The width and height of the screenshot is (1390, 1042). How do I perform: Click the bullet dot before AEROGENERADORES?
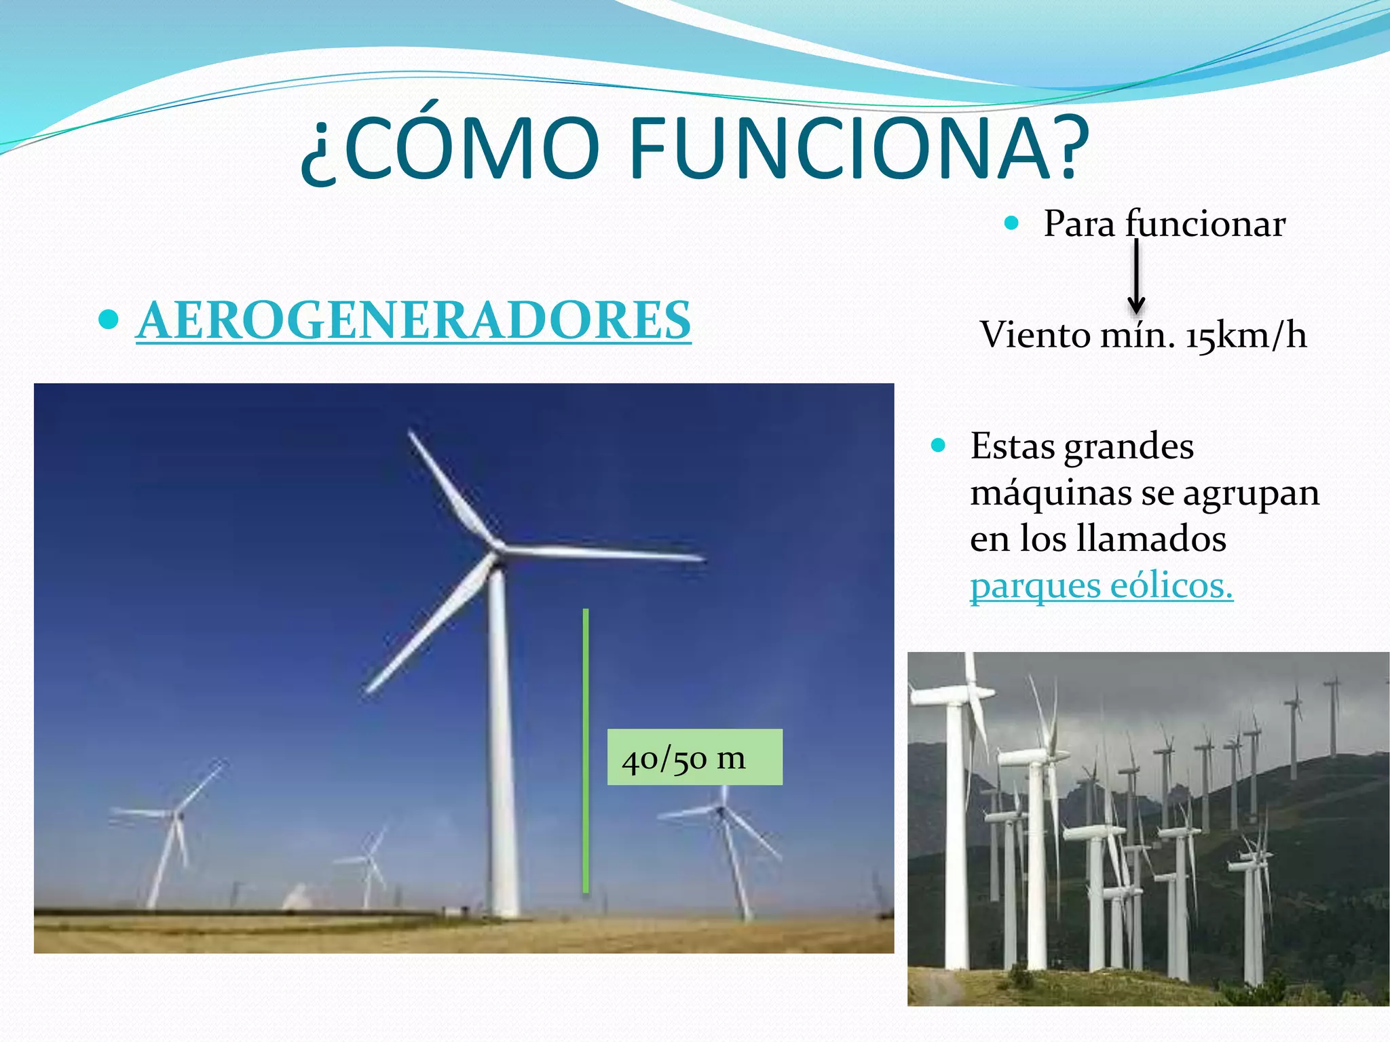[109, 319]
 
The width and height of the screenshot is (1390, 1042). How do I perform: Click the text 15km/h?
[1245, 335]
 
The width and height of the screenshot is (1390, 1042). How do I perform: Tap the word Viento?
[1034, 335]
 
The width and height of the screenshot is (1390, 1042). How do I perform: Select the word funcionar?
[1205, 223]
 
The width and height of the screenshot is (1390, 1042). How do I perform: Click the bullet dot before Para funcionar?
[1012, 223]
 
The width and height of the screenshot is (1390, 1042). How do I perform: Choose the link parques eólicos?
[1101, 585]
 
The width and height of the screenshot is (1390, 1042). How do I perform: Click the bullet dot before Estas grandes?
[939, 446]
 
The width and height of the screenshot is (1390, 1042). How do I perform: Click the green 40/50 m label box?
[694, 757]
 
